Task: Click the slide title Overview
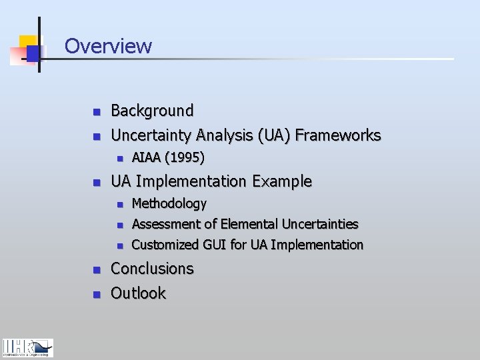click(108, 46)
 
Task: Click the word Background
click(152, 111)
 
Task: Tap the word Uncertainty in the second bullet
click(153, 135)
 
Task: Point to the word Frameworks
click(338, 135)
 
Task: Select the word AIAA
click(147, 158)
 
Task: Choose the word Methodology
click(169, 203)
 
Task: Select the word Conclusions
click(152, 269)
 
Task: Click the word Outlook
click(138, 293)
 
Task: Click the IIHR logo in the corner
click(27, 348)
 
